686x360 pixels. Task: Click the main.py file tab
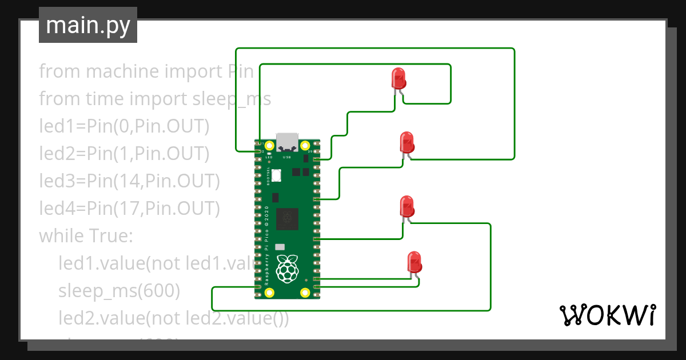[88, 25]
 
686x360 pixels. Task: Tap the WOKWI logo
[607, 315]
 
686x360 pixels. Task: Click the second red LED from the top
[407, 142]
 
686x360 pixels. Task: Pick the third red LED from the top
[407, 206]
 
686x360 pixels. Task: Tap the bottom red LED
[414, 262]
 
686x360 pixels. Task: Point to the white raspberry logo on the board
[287, 268]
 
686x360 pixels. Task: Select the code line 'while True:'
[86, 235]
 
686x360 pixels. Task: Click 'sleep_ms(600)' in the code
[119, 291]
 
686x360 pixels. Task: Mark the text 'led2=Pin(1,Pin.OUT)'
[124, 153]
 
